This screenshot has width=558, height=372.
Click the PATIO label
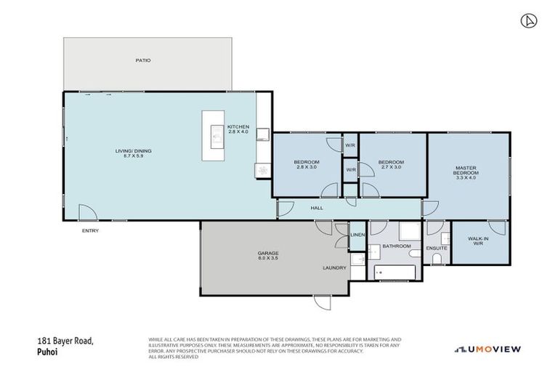click(143, 60)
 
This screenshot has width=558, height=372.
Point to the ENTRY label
click(90, 231)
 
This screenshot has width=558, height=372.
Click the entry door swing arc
click(87, 211)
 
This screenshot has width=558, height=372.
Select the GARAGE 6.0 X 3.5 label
click(268, 256)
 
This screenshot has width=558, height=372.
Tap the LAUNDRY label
click(334, 268)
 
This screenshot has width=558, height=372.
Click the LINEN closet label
click(357, 235)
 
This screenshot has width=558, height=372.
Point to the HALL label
click(317, 209)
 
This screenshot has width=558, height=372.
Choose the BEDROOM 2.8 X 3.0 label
click(307, 164)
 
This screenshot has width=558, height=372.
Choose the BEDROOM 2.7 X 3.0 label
click(391, 164)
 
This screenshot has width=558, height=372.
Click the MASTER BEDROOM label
click(466, 173)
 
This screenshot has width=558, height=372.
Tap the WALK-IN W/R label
click(478, 240)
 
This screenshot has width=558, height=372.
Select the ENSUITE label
click(436, 248)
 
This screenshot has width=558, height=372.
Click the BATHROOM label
click(397, 246)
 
